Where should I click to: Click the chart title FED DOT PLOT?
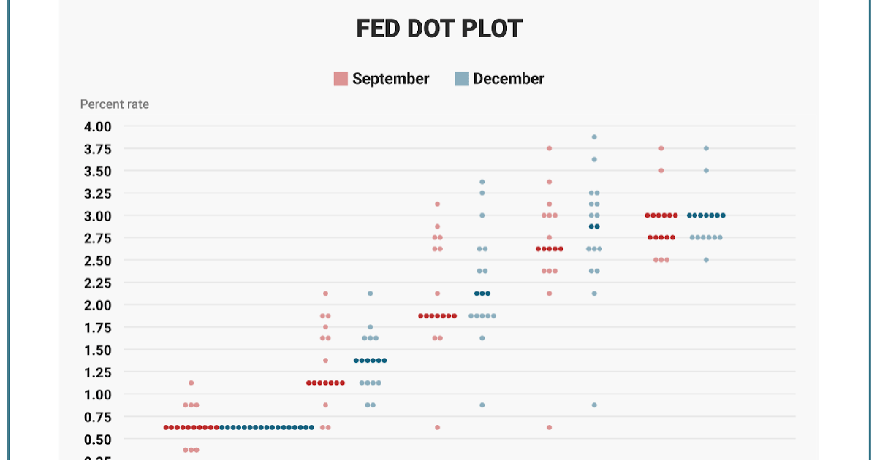pyautogui.click(x=438, y=28)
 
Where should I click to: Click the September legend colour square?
pyautogui.click(x=341, y=79)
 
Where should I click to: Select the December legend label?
pyautogui.click(x=508, y=79)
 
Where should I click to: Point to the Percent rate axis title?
pyautogui.click(x=114, y=104)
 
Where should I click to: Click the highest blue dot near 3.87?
pyautogui.click(x=594, y=137)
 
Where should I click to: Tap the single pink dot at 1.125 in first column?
pyautogui.click(x=191, y=383)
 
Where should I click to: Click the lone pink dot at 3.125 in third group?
pyautogui.click(x=437, y=204)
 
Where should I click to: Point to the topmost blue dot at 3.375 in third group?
pyautogui.click(x=482, y=182)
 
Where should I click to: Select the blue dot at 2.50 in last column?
pyautogui.click(x=706, y=260)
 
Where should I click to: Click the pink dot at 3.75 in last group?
pyautogui.click(x=661, y=148)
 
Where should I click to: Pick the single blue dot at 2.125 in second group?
pyautogui.click(x=370, y=294)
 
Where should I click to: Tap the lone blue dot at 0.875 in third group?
pyautogui.click(x=482, y=405)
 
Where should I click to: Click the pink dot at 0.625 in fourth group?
pyautogui.click(x=549, y=427)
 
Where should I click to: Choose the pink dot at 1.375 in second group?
pyautogui.click(x=325, y=360)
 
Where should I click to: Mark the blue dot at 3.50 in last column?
pyautogui.click(x=706, y=170)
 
